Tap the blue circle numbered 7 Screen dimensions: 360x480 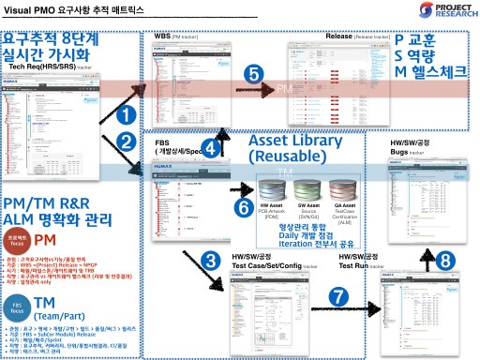[339, 295]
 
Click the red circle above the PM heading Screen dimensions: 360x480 [19, 238]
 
